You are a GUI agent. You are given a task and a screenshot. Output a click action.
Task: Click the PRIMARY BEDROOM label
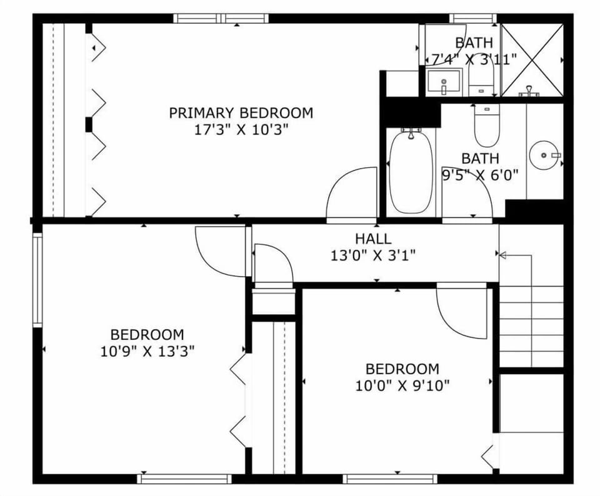241,113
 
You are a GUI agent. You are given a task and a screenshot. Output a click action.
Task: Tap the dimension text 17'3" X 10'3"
241,131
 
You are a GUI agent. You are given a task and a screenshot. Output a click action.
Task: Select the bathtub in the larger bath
410,172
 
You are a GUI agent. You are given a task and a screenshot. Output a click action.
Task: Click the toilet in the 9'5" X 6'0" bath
486,125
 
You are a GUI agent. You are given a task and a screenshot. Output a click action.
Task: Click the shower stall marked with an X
532,59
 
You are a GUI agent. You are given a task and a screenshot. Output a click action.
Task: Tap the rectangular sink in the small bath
444,81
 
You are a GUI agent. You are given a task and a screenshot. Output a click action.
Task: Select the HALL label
373,239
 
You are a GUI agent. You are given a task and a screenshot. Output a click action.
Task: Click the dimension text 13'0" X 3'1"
373,255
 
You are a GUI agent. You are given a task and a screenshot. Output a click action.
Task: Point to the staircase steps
531,325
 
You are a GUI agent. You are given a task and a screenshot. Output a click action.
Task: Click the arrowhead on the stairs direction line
501,255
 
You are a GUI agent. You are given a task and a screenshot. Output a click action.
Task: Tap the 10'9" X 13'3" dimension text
147,351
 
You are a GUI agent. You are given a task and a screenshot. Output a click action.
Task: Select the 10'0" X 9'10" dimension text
402,385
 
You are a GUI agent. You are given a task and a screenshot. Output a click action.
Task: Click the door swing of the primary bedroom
350,194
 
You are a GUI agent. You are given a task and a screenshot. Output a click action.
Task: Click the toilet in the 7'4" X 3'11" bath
481,79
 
